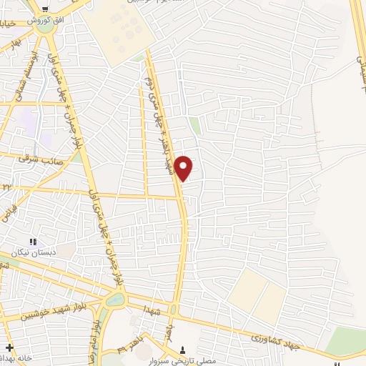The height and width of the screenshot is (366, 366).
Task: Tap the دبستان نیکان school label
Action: coord(31,253)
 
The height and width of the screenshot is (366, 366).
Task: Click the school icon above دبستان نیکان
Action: coord(31,242)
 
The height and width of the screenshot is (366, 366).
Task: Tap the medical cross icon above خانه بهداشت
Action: coord(8,347)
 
